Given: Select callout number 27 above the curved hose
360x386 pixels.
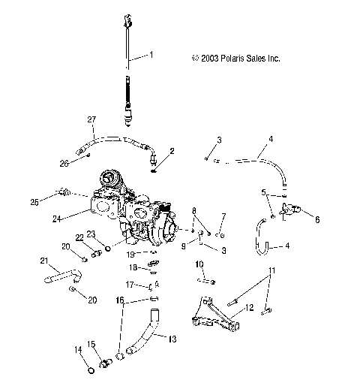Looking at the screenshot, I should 92,120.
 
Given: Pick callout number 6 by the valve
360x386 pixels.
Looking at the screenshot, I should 316,220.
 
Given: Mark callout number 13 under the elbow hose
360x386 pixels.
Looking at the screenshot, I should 172,339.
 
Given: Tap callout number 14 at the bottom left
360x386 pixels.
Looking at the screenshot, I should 76,349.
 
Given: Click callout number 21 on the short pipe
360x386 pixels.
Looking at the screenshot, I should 43,261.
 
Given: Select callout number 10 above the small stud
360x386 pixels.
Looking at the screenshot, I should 199,264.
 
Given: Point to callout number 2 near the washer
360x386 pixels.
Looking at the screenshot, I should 172,151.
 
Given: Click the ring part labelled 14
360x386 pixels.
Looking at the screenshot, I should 90,369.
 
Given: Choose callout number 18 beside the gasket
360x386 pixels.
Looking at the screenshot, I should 132,267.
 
